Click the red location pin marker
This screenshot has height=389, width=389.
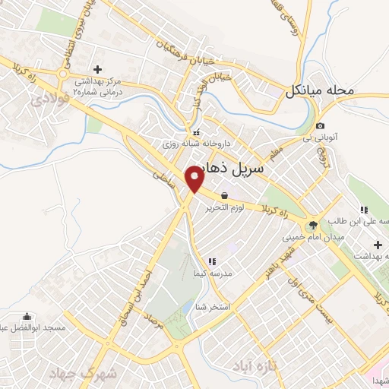[195, 179]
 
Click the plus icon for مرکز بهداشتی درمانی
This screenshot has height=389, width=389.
[97, 69]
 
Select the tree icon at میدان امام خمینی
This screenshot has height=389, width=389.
[312, 226]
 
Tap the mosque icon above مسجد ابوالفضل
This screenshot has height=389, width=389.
[27, 316]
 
